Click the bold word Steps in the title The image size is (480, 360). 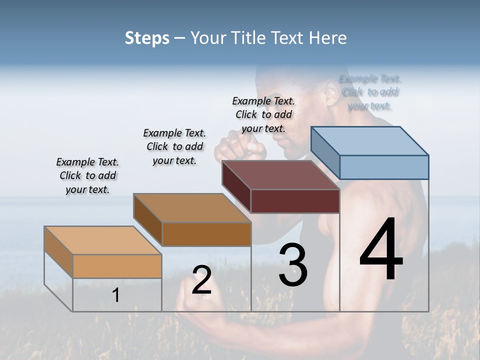pyautogui.click(x=147, y=38)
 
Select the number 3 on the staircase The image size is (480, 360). pyautogui.click(x=292, y=265)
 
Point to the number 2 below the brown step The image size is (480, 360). pyautogui.click(x=201, y=280)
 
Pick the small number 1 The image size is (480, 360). pyautogui.click(x=116, y=295)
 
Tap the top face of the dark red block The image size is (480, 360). pyautogui.click(x=280, y=175)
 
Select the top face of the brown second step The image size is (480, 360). pyautogui.click(x=192, y=207)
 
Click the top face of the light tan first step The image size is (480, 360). pyautogui.click(x=103, y=240)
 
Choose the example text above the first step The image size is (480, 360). pyautogui.click(x=87, y=175)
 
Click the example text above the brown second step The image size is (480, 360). pyautogui.click(x=174, y=146)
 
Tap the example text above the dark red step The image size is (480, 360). pyautogui.click(x=263, y=114)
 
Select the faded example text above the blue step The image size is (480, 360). pyautogui.click(x=370, y=92)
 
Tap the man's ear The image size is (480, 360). pyautogui.click(x=331, y=92)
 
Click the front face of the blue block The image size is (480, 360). pyautogui.click(x=384, y=167)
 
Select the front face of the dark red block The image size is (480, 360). pyautogui.click(x=295, y=201)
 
